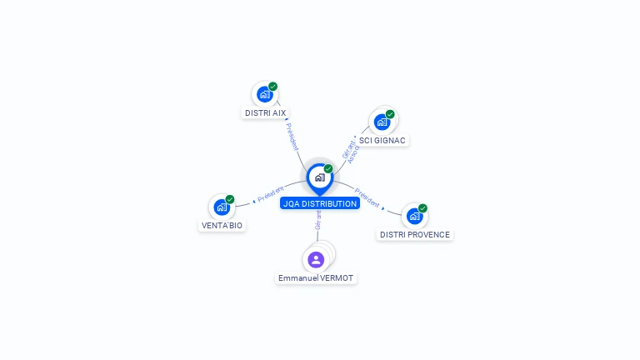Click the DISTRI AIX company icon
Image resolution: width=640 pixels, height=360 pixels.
pos(265,94)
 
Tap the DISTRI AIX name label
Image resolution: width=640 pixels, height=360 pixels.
pos(266,112)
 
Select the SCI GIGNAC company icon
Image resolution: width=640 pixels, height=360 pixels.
pos(382,122)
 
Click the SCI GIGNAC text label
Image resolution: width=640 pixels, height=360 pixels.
pos(382,140)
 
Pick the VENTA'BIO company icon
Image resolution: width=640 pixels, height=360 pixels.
pos(222,207)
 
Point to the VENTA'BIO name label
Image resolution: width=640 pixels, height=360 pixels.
pos(222,226)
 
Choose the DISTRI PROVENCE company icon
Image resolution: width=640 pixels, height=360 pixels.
pos(414,216)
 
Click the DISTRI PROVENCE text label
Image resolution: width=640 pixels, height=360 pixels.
pos(415,235)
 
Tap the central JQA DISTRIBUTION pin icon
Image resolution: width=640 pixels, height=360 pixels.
pos(319,177)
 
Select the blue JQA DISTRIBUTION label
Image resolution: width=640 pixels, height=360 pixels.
pos(320,203)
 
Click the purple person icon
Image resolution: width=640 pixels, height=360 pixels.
pos(316,259)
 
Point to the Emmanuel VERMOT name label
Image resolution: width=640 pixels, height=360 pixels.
pos(316,277)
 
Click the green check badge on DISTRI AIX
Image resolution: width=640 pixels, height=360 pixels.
pos(273,87)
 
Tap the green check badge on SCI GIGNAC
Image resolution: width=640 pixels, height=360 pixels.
pos(390,114)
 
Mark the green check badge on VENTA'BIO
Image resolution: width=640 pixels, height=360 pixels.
pos(230,199)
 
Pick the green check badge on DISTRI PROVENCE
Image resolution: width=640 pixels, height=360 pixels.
pos(422,208)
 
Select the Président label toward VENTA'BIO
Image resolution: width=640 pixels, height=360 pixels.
pos(270,194)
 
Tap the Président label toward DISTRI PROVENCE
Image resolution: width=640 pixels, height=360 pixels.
pos(367,197)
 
